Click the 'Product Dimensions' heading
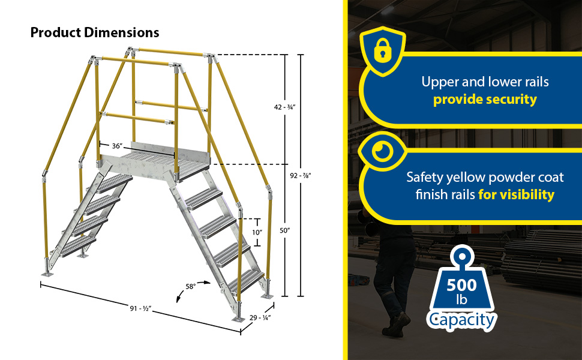pyautogui.click(x=95, y=32)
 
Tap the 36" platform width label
pyautogui.click(x=117, y=146)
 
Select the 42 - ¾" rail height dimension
pyautogui.click(x=284, y=107)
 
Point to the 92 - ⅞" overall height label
pyautogui.click(x=300, y=176)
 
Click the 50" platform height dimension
pyautogui.click(x=284, y=230)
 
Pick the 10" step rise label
pyautogui.click(x=257, y=233)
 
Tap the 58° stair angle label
pyautogui.click(x=190, y=287)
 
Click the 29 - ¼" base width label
pyautogui.click(x=260, y=317)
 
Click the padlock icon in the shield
pyautogui.click(x=383, y=50)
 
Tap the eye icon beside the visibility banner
pyautogui.click(x=383, y=151)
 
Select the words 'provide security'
pyautogui.click(x=485, y=100)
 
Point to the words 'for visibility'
pyautogui.click(x=517, y=194)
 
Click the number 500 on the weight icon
pyautogui.click(x=461, y=285)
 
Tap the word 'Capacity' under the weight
pyautogui.click(x=461, y=320)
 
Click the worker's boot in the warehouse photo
pyautogui.click(x=398, y=325)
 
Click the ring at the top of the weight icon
pyautogui.click(x=461, y=257)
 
